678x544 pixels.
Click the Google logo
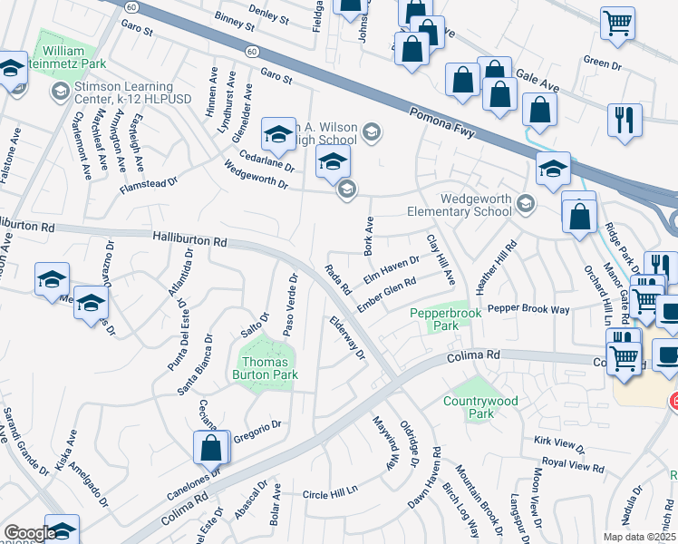(x=30, y=533)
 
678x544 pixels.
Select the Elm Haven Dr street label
(x=391, y=268)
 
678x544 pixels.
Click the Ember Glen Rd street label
(x=387, y=293)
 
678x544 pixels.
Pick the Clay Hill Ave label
(x=440, y=258)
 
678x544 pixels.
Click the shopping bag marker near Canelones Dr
(x=210, y=448)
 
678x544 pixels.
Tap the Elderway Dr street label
(x=347, y=337)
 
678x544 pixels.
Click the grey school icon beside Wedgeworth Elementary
(x=524, y=200)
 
